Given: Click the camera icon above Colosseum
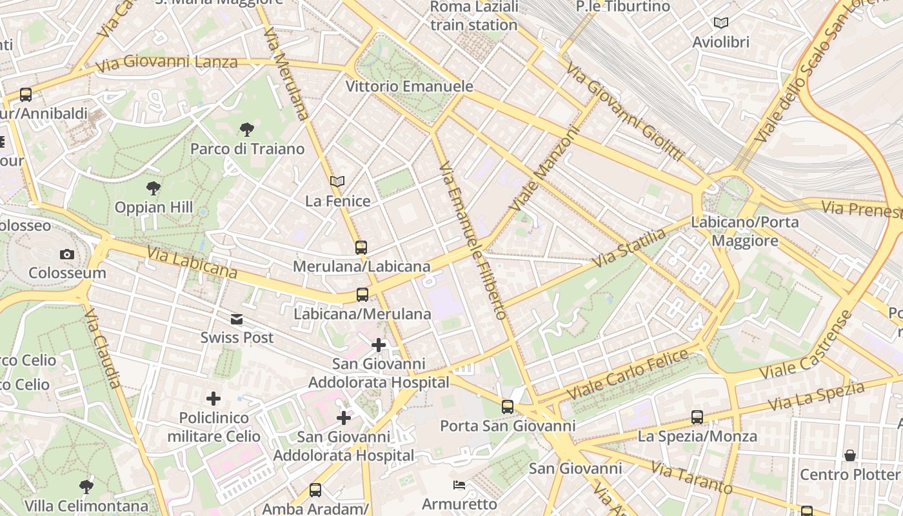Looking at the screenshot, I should pyautogui.click(x=67, y=255).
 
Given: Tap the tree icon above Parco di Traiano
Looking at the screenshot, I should pyautogui.click(x=246, y=130).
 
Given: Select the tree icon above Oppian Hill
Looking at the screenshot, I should pyautogui.click(x=154, y=188).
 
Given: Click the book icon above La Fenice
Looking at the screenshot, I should pyautogui.click(x=337, y=182).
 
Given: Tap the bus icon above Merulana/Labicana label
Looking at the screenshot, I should pyautogui.click(x=361, y=247).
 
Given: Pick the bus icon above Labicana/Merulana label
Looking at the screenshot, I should pyautogui.click(x=362, y=295).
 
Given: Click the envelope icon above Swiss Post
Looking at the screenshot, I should pyautogui.click(x=237, y=319).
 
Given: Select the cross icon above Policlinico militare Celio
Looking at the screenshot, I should pyautogui.click(x=213, y=399).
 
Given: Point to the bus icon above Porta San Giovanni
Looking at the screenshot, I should pyautogui.click(x=508, y=407).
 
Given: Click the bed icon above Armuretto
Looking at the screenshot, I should pyautogui.click(x=459, y=485).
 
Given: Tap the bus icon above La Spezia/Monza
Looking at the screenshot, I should pyautogui.click(x=697, y=417).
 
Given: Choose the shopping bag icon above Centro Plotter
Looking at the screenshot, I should pyautogui.click(x=850, y=455).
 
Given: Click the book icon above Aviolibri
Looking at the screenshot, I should pyautogui.click(x=720, y=23).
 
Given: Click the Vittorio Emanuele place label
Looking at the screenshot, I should pyautogui.click(x=409, y=86).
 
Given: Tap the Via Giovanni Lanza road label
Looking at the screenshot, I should pyautogui.click(x=166, y=63).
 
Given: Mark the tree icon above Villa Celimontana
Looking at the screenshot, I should pyautogui.click(x=86, y=486).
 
